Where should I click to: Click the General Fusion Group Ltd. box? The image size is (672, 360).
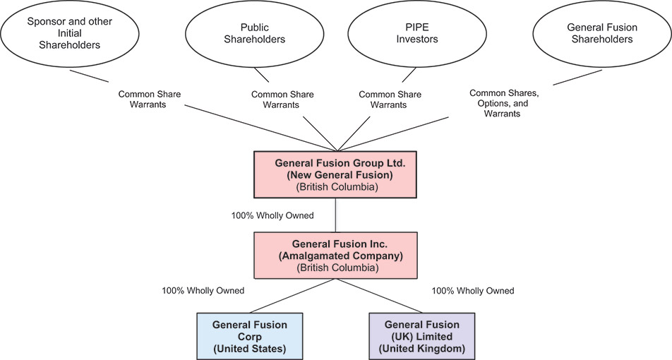[336, 174]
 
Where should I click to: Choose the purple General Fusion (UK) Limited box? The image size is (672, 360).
[421, 336]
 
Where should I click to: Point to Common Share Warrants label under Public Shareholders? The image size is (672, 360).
[282, 100]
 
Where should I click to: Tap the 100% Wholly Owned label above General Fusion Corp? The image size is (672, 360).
[203, 290]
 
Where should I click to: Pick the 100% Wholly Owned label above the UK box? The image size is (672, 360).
[472, 290]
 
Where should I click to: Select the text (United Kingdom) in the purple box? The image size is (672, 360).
[421, 348]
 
